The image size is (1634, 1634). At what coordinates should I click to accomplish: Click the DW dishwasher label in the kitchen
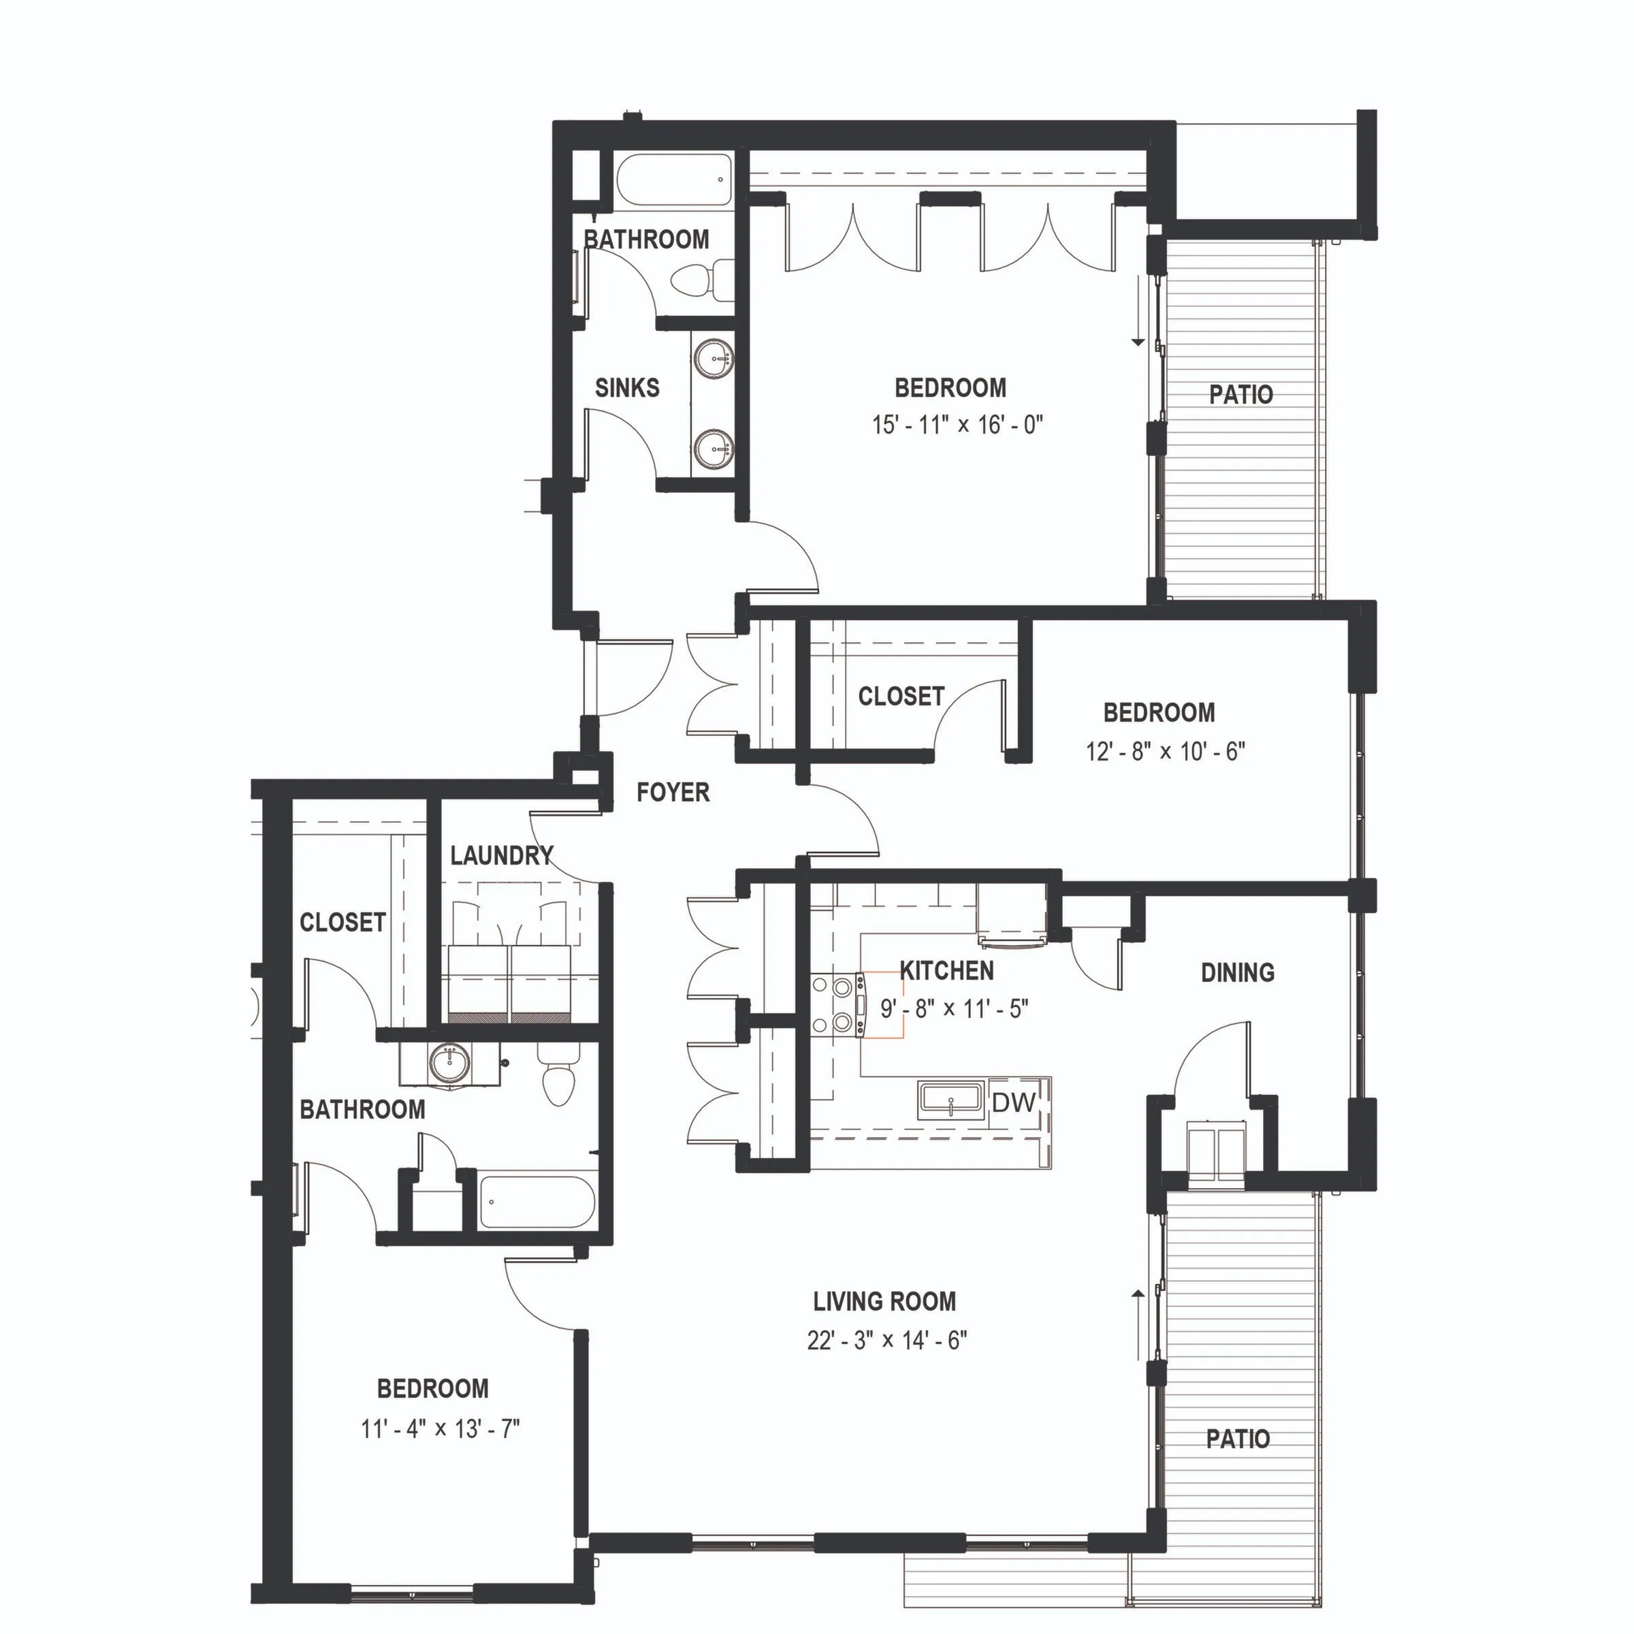tap(1013, 1102)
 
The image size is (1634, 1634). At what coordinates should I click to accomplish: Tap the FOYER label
tap(673, 792)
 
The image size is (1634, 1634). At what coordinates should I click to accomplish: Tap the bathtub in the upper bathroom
tap(673, 179)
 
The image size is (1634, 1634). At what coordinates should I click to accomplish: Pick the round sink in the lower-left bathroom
tap(448, 1062)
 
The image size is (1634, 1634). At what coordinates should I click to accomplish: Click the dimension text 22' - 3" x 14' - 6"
tap(886, 1340)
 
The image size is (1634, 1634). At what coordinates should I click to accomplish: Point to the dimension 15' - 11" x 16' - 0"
tap(957, 425)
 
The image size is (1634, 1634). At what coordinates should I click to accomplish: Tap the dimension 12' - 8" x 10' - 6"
tap(1165, 751)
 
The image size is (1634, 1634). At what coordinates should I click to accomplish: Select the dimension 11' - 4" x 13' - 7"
tap(440, 1428)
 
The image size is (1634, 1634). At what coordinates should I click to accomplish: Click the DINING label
tap(1237, 973)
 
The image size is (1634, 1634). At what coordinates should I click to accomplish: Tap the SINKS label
tap(626, 388)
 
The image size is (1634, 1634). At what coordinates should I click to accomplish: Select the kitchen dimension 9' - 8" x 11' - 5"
tap(954, 1009)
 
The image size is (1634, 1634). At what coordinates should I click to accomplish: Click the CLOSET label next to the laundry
tap(342, 922)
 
